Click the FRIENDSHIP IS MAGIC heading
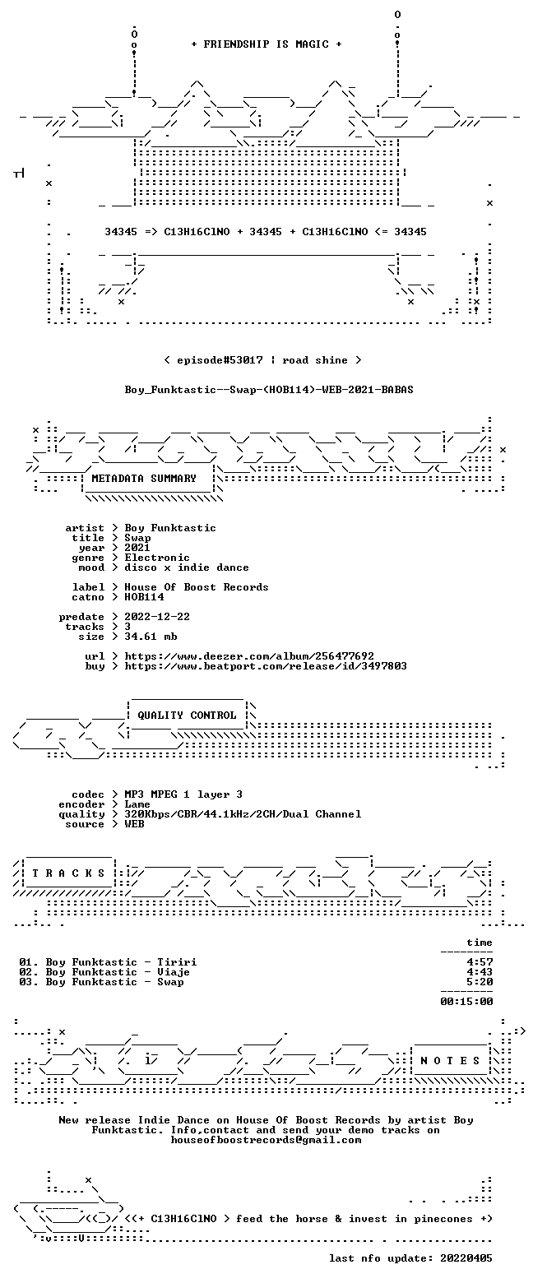(x=266, y=44)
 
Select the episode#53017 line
(x=263, y=359)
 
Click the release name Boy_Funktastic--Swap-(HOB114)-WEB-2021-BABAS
(x=269, y=390)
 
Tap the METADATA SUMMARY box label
(x=144, y=479)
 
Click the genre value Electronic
(x=157, y=558)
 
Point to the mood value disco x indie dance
(x=187, y=567)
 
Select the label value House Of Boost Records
(x=197, y=587)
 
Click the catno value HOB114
(x=145, y=597)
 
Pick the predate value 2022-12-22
(x=157, y=616)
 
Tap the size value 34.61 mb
(x=151, y=637)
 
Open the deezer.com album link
(x=249, y=655)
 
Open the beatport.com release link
(x=266, y=665)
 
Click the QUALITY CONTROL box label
(x=187, y=715)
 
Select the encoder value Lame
(x=137, y=804)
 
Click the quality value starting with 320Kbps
(x=243, y=814)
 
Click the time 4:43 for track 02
(x=480, y=971)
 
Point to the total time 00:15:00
(x=466, y=1001)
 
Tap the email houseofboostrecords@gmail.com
(x=266, y=1140)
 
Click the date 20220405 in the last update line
(x=466, y=1258)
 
